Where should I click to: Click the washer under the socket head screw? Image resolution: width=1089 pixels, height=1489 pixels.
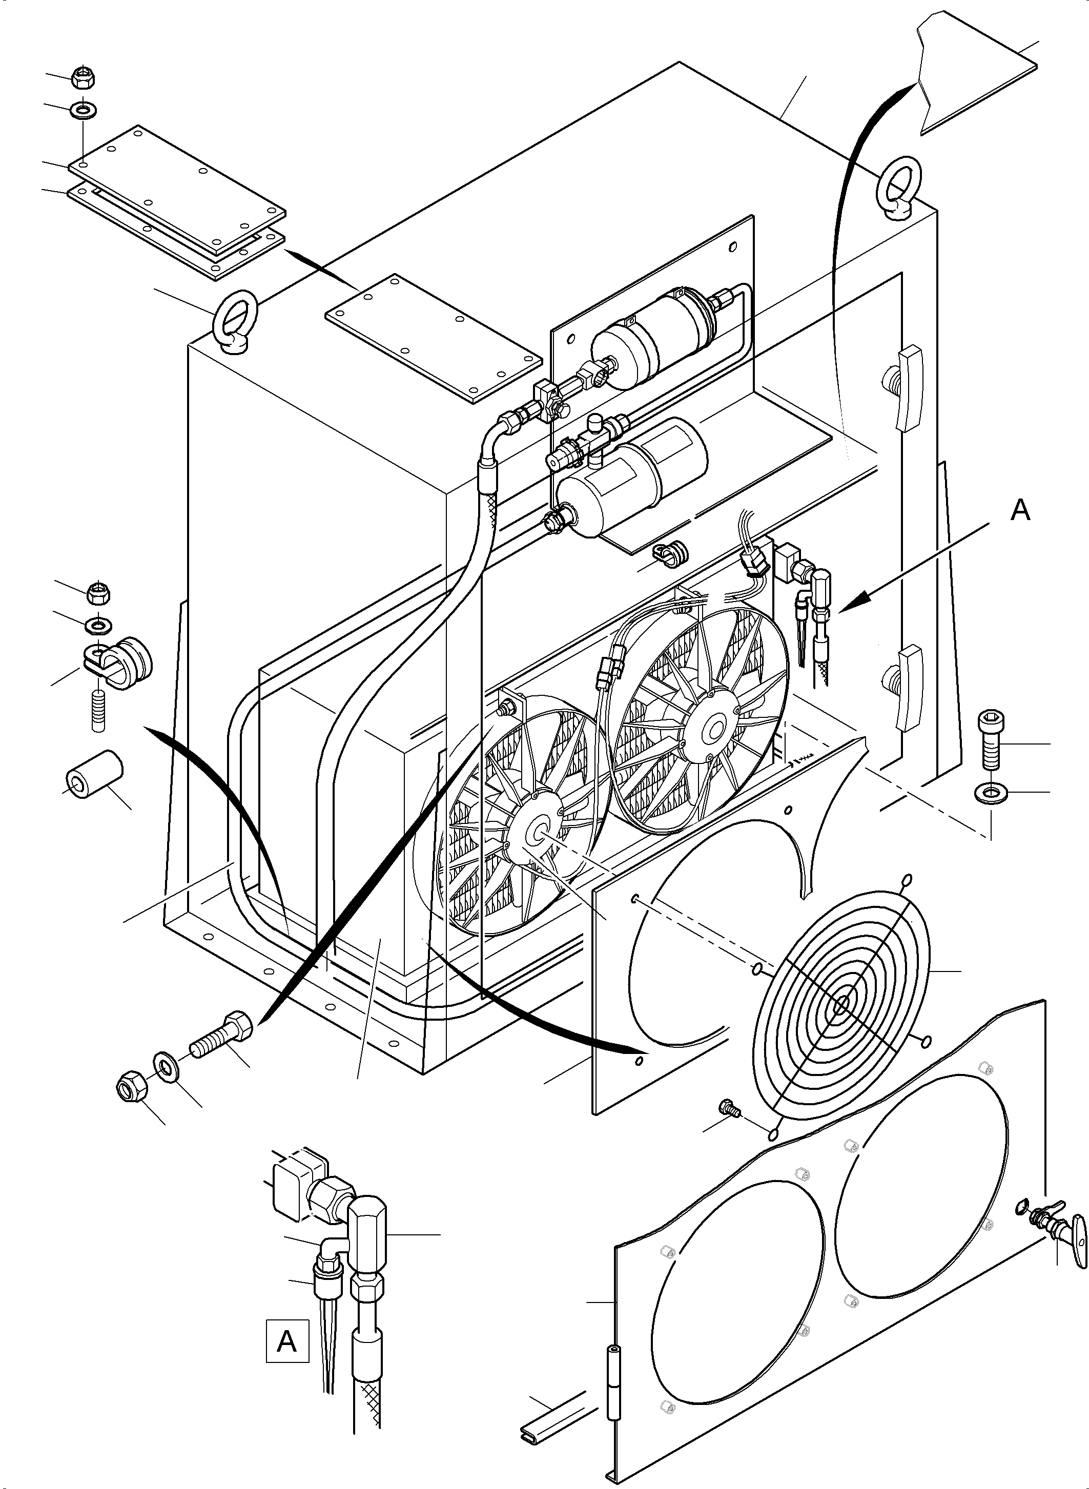pyautogui.click(x=990, y=794)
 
